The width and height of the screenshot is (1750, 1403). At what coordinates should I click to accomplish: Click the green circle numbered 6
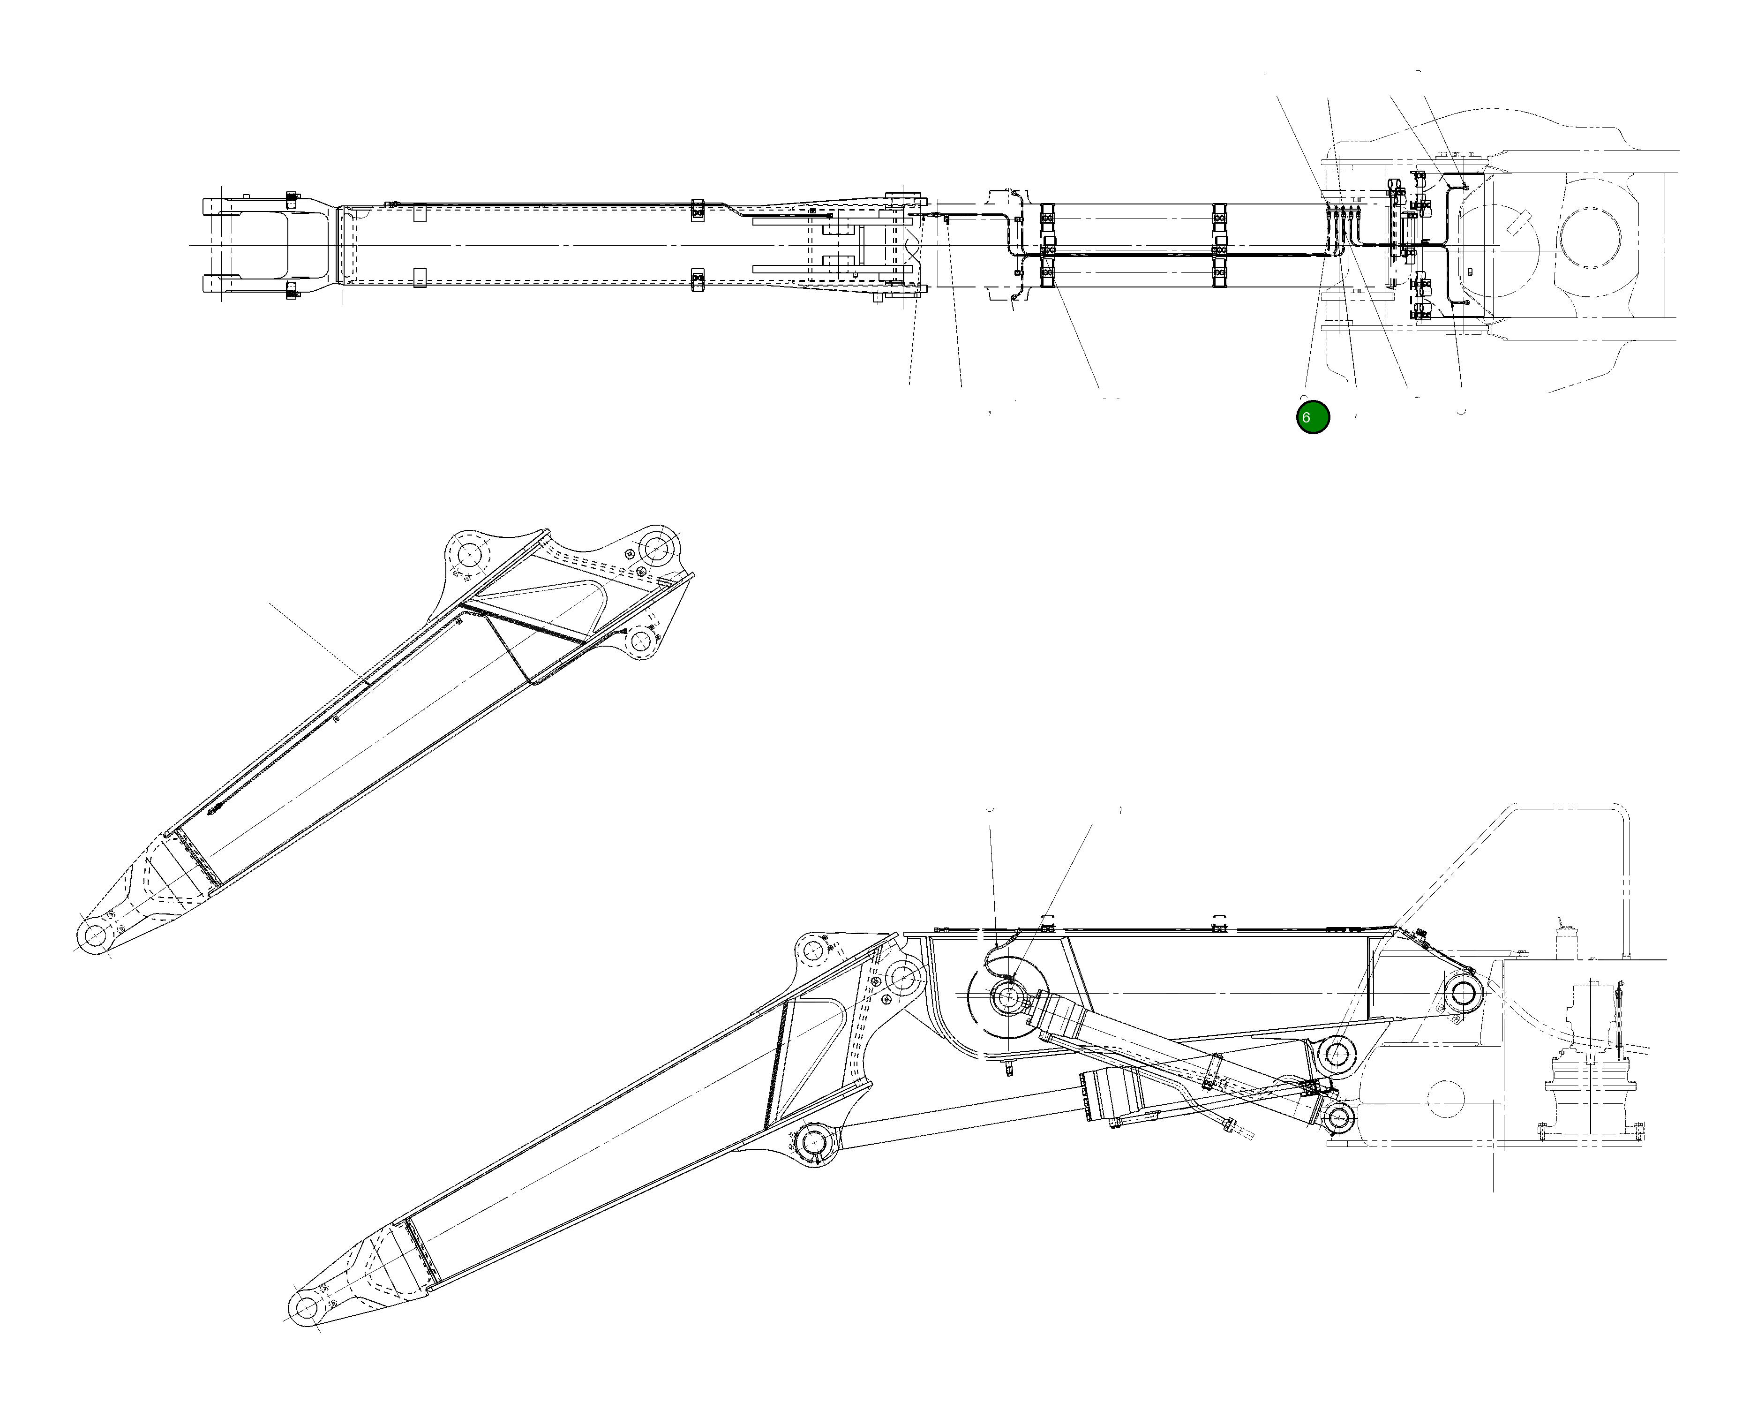coord(1313,417)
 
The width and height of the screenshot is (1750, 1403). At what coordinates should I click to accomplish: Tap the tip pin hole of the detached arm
coord(96,936)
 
